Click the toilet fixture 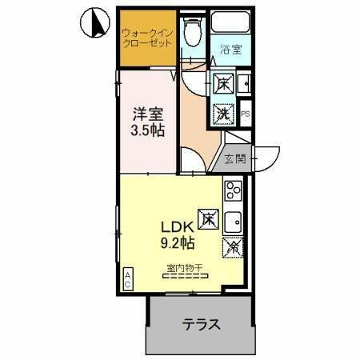(190, 34)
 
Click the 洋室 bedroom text (148, 113)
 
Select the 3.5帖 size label (148, 130)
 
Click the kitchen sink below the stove (234, 220)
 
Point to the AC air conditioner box (127, 278)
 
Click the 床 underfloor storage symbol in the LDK (206, 217)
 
